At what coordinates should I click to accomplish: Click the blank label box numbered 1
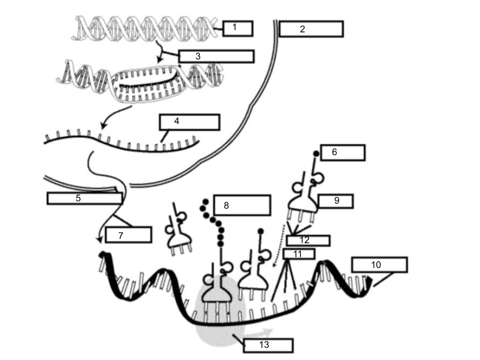click(x=238, y=29)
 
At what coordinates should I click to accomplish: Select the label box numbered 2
click(x=311, y=29)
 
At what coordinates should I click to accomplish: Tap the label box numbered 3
click(x=216, y=56)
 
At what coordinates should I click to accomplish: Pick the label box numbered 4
click(x=189, y=122)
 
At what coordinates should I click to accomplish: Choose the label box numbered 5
click(x=85, y=198)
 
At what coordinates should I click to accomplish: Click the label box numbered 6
click(x=343, y=153)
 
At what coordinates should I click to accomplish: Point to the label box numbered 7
click(x=128, y=235)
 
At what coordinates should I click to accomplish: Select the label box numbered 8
click(x=242, y=205)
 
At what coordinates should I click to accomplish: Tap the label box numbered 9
click(x=336, y=201)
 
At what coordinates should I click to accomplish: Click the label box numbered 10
click(x=379, y=265)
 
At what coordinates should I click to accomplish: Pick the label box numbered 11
click(x=299, y=254)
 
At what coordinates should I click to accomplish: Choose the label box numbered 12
click(x=308, y=240)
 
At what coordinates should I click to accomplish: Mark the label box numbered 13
click(x=268, y=345)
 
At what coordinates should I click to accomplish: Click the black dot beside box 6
click(x=316, y=153)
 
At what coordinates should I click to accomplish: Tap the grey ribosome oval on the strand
click(x=220, y=310)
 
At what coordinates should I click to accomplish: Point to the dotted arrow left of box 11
click(x=278, y=246)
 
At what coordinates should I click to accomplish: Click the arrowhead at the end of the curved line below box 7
click(x=99, y=239)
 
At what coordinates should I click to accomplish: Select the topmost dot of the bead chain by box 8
click(x=205, y=201)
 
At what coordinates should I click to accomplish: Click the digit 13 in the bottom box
click(x=264, y=345)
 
